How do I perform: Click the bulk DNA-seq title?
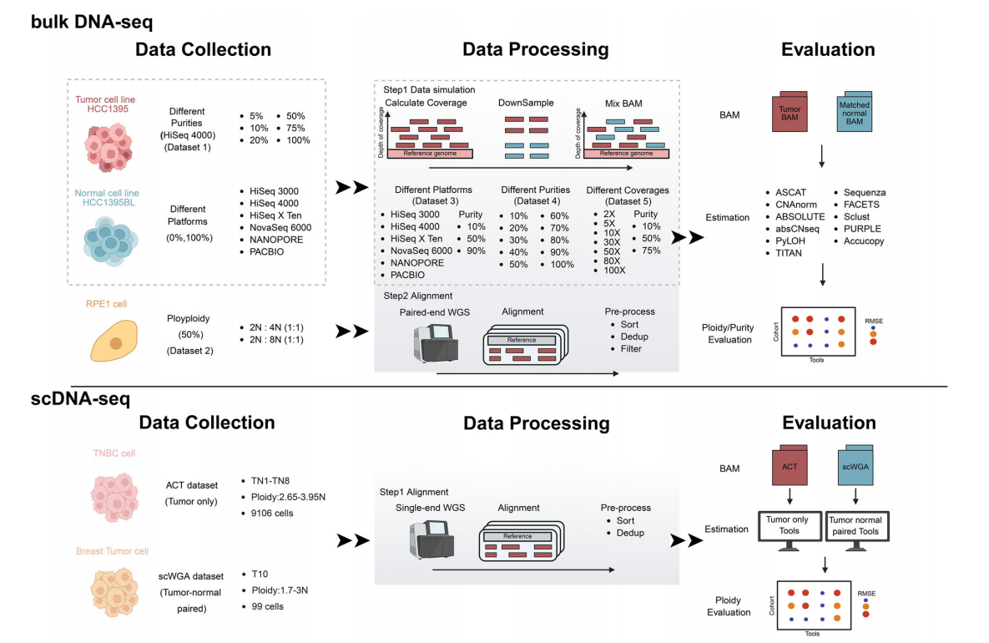coord(92,21)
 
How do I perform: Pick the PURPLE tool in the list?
coord(862,229)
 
